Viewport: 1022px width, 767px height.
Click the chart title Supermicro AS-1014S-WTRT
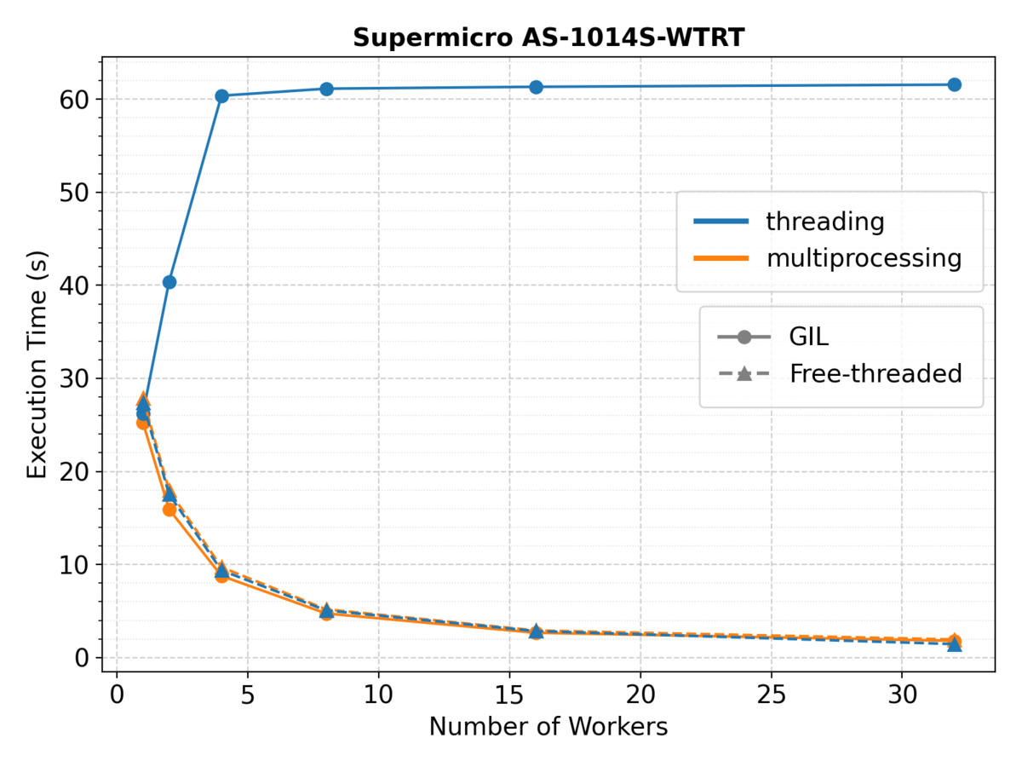pyautogui.click(x=548, y=37)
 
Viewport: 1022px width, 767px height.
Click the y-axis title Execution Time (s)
pyautogui.click(x=37, y=365)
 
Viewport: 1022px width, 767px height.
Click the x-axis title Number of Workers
pyautogui.click(x=548, y=726)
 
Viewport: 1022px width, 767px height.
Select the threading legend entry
pyautogui.click(x=789, y=222)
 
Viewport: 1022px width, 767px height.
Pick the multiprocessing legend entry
pyautogui.click(x=827, y=259)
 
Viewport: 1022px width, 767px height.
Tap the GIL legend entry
pyautogui.click(x=773, y=337)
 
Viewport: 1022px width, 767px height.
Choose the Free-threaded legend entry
pyautogui.click(x=840, y=373)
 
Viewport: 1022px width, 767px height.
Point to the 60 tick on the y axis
pyautogui.click(x=74, y=100)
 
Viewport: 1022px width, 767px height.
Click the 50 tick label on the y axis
pyautogui.click(x=74, y=193)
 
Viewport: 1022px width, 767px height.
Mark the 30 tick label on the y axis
pyautogui.click(x=74, y=378)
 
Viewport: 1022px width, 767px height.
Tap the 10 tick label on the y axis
pyautogui.click(x=74, y=565)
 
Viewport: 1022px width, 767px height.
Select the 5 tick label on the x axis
pyautogui.click(x=248, y=695)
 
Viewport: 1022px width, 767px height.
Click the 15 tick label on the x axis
pyautogui.click(x=509, y=695)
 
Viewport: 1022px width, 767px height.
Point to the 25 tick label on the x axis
pyautogui.click(x=771, y=695)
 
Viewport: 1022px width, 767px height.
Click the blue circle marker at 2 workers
pyautogui.click(x=169, y=282)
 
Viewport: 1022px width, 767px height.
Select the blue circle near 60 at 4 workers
pyautogui.click(x=221, y=96)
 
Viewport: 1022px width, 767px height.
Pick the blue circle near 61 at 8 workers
pyautogui.click(x=326, y=89)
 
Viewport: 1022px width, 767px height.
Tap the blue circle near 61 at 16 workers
pyautogui.click(x=536, y=87)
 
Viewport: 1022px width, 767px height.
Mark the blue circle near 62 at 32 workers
pyautogui.click(x=955, y=84)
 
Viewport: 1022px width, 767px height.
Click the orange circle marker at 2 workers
pyautogui.click(x=169, y=510)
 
